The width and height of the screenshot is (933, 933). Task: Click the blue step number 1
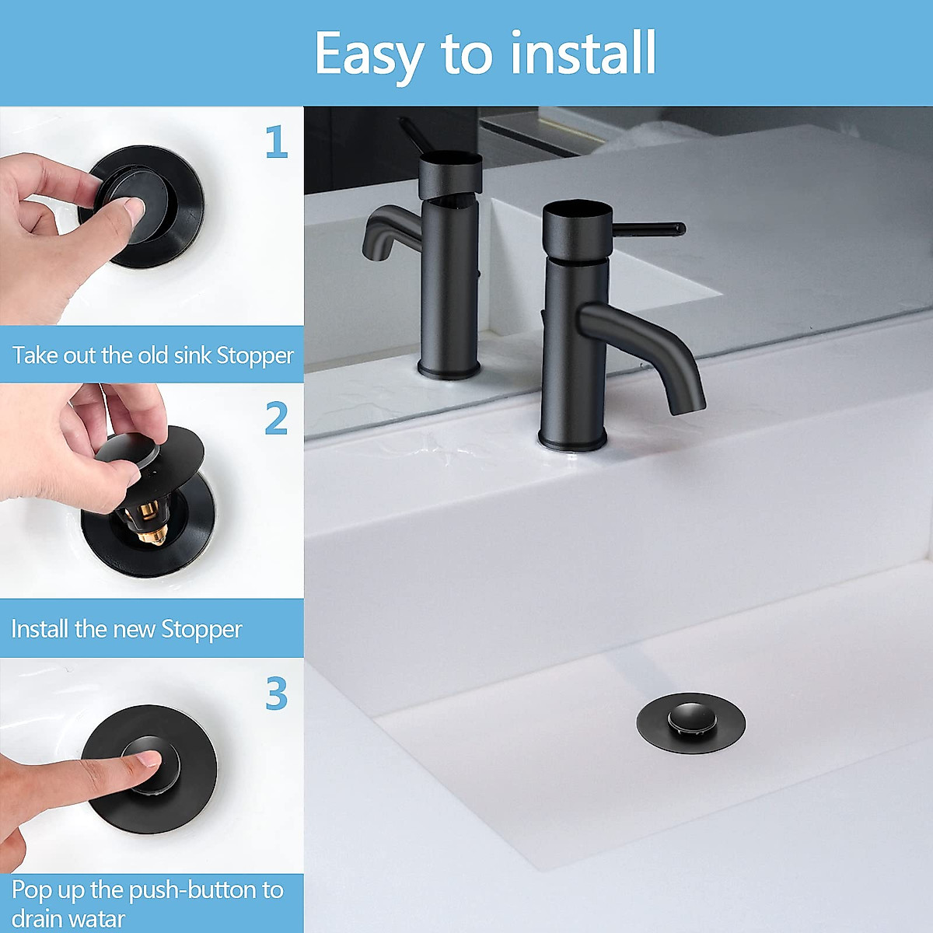[x=276, y=142]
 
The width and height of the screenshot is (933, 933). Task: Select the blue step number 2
[x=276, y=419]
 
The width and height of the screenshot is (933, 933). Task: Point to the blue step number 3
[x=276, y=694]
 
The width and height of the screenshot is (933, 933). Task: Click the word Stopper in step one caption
[x=255, y=356]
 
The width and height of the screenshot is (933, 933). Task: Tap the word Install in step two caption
[x=40, y=629]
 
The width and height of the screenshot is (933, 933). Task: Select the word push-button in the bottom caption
[x=193, y=889]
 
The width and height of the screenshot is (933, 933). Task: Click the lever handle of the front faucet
[x=649, y=229]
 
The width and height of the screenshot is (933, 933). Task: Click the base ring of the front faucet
[x=572, y=442]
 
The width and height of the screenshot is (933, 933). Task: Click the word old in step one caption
[x=153, y=355]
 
